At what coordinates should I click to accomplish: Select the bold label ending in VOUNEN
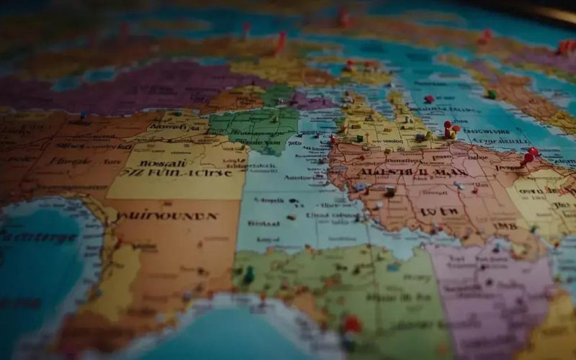[x=169, y=215]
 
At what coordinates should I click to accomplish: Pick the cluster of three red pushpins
[x=451, y=130]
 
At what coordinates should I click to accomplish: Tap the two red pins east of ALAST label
[x=530, y=155]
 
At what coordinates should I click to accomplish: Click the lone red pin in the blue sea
[x=429, y=99]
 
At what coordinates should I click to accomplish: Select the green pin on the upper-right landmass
[x=492, y=94]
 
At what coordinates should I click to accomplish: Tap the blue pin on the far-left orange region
[x=84, y=114]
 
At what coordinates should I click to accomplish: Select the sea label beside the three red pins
[x=489, y=133]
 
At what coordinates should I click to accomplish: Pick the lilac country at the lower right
[x=490, y=295]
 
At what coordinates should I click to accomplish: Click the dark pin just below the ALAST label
[x=390, y=191]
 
